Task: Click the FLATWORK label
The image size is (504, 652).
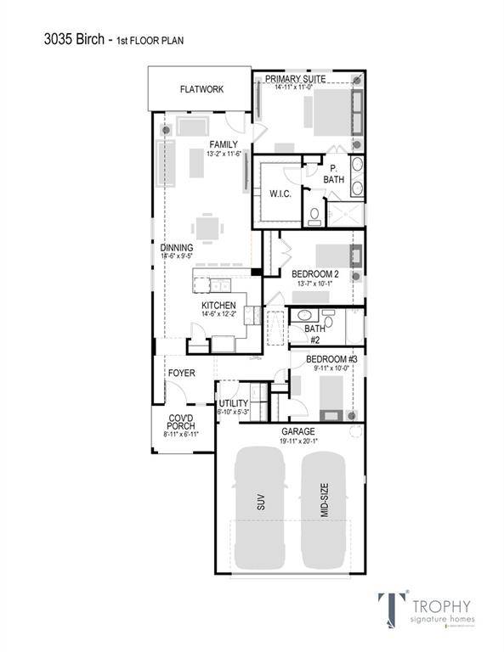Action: pos(201,89)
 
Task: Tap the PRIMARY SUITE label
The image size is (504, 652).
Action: pos(300,78)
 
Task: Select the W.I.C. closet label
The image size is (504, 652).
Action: pos(280,194)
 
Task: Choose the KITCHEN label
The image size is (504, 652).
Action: pos(218,305)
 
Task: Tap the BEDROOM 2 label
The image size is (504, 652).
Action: pos(315,274)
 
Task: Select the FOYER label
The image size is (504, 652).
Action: pos(181,373)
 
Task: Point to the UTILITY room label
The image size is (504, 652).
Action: pos(234,403)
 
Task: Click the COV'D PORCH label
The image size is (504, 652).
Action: pos(181,421)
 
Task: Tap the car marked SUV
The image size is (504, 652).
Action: pos(259,506)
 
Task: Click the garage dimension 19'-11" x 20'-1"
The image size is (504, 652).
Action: pos(297,441)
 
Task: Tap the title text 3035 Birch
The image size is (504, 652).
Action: pos(75,38)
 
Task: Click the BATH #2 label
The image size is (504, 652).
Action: pos(314,333)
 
